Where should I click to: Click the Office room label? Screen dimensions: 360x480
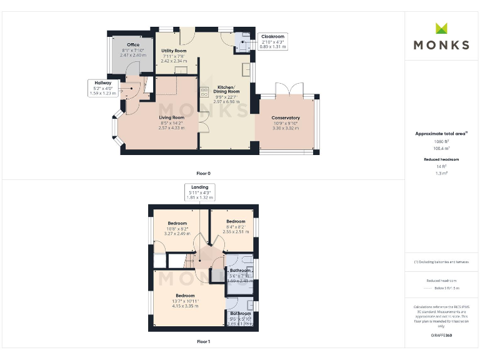pyautogui.click(x=132, y=46)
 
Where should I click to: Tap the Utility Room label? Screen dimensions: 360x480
pyautogui.click(x=174, y=51)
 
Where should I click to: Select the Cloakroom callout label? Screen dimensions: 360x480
pyautogui.click(x=272, y=37)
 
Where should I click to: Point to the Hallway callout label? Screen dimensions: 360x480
pyautogui.click(x=103, y=82)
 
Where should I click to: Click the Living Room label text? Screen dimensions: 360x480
pyautogui.click(x=171, y=117)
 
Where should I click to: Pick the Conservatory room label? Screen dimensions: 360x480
pyautogui.click(x=285, y=118)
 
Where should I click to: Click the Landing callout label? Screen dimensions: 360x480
pyautogui.click(x=199, y=187)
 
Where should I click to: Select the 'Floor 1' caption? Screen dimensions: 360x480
pyautogui.click(x=203, y=342)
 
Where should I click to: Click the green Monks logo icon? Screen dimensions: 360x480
pyautogui.click(x=441, y=28)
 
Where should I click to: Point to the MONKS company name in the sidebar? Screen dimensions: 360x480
pyautogui.click(x=441, y=45)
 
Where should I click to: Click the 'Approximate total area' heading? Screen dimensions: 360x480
pyautogui.click(x=441, y=134)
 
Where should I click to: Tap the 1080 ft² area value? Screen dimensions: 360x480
pyautogui.click(x=441, y=142)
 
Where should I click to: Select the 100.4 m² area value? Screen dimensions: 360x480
pyautogui.click(x=441, y=149)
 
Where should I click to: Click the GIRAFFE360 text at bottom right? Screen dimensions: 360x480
pyautogui.click(x=441, y=336)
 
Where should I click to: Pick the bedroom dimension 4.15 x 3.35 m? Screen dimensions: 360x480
pyautogui.click(x=185, y=306)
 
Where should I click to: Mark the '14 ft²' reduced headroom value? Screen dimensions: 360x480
pyautogui.click(x=441, y=166)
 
